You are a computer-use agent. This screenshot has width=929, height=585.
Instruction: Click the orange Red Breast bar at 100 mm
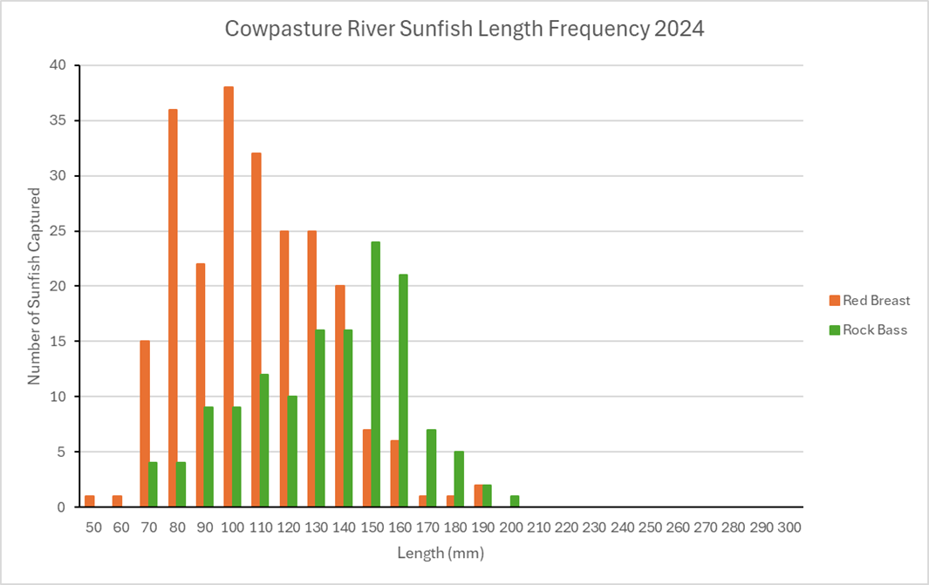coord(229,296)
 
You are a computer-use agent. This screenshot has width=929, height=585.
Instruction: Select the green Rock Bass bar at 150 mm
coord(376,374)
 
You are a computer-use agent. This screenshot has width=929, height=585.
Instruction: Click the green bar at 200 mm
coord(515,501)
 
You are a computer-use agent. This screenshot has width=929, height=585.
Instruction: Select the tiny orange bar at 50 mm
coord(89,501)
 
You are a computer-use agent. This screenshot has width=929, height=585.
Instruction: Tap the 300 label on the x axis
coord(789,527)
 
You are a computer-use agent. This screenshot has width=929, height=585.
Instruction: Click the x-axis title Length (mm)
coord(440,553)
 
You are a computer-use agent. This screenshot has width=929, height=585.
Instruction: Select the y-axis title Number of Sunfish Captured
coord(35,286)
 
